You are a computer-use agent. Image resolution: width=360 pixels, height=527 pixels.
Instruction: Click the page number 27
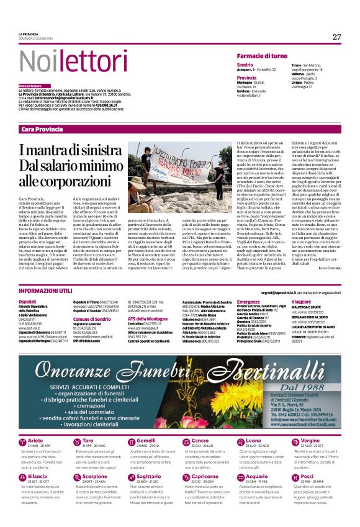pyautogui.click(x=336, y=37)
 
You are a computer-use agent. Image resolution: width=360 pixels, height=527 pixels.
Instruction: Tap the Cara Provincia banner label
pyautogui.click(x=42, y=128)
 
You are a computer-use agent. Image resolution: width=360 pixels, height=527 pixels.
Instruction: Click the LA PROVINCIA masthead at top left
pyautogui.click(x=29, y=34)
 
